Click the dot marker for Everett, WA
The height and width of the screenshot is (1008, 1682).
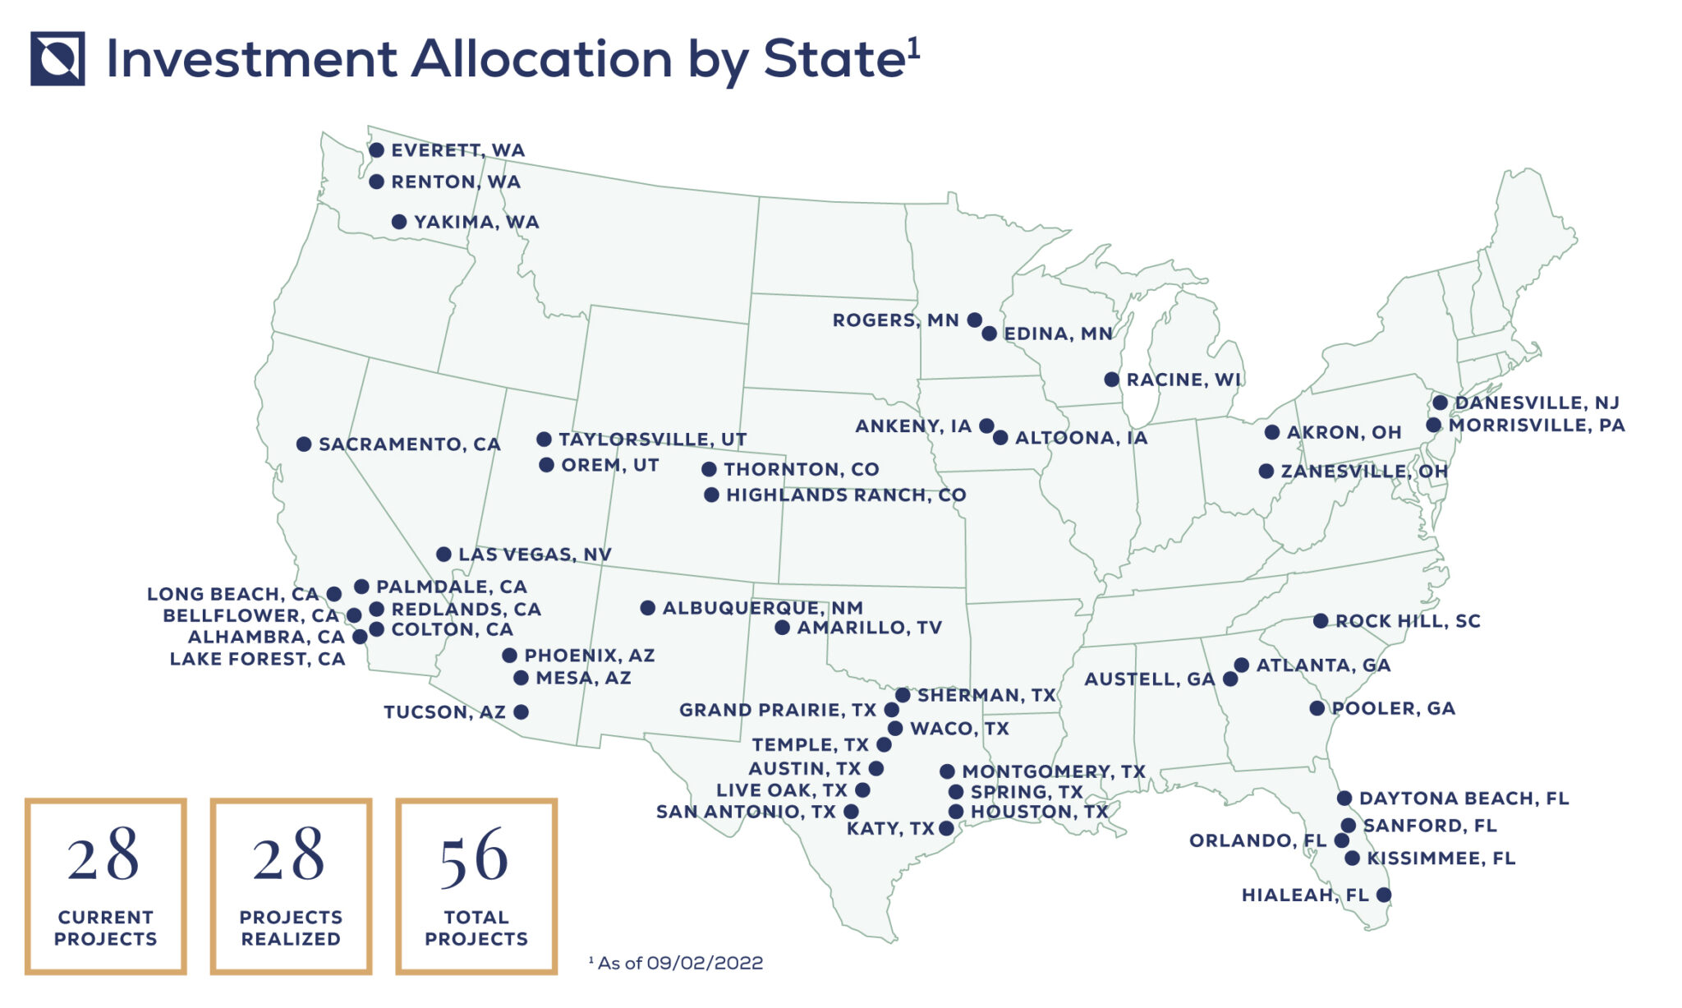pos(376,150)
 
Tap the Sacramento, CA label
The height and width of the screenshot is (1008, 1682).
pos(409,444)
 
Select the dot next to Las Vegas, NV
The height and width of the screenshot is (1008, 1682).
pos(443,555)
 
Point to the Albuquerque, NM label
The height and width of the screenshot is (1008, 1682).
pos(762,608)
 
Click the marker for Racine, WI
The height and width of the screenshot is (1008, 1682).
pos(1111,380)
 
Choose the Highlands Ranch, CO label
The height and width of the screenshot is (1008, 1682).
pos(845,495)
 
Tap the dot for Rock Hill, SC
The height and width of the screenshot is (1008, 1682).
pos(1321,621)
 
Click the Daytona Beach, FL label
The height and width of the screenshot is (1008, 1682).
pos(1464,799)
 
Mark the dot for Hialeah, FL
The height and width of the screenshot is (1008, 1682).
pos(1384,895)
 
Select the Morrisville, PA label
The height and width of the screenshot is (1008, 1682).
pos(1536,426)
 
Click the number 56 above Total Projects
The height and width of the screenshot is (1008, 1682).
pos(475,857)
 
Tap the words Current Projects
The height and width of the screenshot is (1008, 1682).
pos(105,928)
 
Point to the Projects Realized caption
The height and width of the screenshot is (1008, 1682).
pos(291,928)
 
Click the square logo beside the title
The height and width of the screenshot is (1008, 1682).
pos(57,58)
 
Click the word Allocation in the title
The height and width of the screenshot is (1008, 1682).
pos(542,59)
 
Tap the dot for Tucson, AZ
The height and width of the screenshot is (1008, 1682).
pos(521,711)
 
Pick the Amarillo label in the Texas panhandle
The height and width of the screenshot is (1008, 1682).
pos(869,628)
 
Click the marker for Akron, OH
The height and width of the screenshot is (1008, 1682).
pos(1272,432)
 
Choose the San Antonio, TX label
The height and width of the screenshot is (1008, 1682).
pos(745,812)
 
